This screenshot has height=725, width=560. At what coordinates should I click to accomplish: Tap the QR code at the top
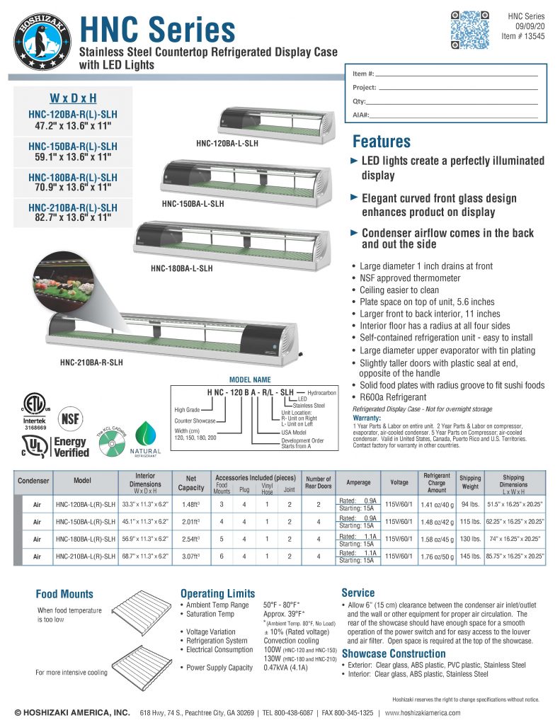tap(470, 30)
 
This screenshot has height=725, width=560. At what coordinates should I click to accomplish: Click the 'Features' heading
tap(381, 141)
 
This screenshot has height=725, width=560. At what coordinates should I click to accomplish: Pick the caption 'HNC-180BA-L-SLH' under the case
tap(181, 268)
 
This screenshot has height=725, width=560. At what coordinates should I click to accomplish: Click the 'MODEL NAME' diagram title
tap(250, 380)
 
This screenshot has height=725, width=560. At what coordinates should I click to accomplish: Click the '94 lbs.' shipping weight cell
tap(469, 504)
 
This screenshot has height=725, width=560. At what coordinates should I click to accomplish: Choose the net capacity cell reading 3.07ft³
tap(190, 556)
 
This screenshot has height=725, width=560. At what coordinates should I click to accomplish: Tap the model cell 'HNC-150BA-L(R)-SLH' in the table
tap(85, 522)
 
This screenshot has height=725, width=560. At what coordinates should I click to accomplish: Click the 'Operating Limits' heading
tap(217, 593)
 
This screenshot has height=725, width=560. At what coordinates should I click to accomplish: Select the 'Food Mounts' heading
tap(64, 594)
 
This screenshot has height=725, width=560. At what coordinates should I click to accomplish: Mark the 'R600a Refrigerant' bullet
tap(393, 397)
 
